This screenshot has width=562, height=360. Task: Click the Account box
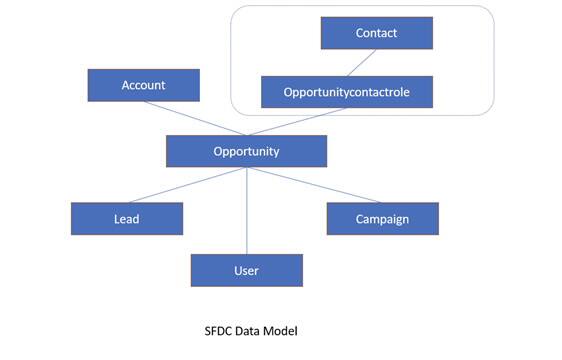(143, 85)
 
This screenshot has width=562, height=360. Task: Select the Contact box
(376, 33)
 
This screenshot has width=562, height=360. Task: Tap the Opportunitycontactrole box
(348, 92)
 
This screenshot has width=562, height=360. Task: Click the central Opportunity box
(246, 151)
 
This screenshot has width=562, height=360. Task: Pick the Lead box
(126, 218)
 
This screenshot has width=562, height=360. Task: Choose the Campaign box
(382, 218)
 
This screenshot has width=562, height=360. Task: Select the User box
(246, 270)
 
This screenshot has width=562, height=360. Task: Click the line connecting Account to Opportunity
(196, 118)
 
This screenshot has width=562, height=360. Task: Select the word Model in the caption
(289, 328)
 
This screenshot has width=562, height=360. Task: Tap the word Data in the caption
(254, 328)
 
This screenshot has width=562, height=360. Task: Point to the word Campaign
(382, 218)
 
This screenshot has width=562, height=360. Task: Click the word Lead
(126, 218)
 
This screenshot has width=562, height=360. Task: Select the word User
(246, 270)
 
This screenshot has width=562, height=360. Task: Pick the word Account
(143, 85)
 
